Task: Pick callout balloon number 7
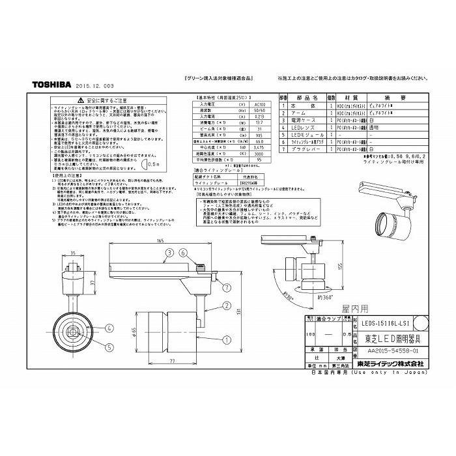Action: click(x=226, y=287)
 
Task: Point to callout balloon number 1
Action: click(x=226, y=338)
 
